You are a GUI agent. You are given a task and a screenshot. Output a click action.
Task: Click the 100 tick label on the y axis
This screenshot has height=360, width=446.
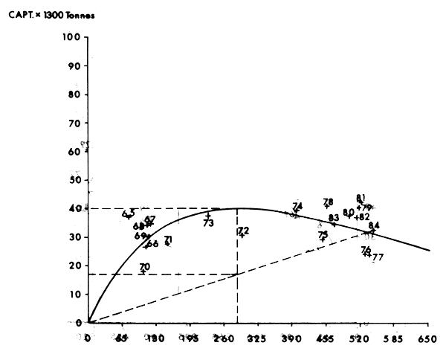click(71, 37)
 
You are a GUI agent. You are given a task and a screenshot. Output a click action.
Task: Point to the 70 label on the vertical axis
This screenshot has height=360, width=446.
click(73, 123)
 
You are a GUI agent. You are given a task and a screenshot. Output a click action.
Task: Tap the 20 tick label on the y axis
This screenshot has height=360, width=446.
click(73, 266)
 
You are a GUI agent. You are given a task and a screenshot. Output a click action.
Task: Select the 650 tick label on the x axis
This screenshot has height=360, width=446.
click(428, 338)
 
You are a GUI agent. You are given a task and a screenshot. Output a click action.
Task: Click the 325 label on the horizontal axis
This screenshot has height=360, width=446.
click(256, 338)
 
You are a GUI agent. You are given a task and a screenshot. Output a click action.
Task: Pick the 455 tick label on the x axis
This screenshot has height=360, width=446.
click(325, 338)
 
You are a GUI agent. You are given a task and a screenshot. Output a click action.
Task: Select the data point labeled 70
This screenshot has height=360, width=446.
click(143, 271)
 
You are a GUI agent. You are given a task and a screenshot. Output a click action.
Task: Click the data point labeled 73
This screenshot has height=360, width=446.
click(208, 216)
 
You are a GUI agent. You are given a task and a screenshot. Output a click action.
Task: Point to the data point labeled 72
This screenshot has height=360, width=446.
click(242, 235)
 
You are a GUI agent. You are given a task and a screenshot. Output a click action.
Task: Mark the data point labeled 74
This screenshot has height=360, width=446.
click(296, 211)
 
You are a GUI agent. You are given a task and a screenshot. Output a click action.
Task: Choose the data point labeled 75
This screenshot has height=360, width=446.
click(322, 240)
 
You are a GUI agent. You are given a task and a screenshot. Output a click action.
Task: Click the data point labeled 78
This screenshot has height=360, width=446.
click(327, 206)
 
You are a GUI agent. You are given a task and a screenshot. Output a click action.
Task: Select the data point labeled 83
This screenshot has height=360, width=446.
click(333, 222)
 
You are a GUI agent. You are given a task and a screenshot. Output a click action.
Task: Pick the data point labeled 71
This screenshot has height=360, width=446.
click(167, 243)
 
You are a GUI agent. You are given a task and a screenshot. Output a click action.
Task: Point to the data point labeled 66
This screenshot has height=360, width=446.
click(146, 246)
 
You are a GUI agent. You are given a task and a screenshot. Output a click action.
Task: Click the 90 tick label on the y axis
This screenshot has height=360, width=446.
click(73, 65)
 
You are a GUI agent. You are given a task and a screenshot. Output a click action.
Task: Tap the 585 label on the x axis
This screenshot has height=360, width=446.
click(393, 338)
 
